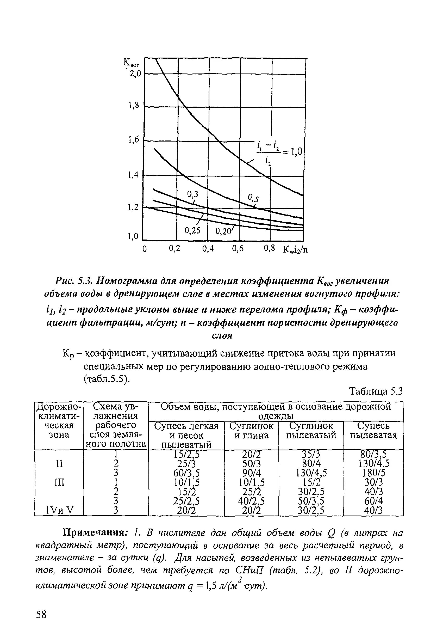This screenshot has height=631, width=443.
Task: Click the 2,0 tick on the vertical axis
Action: (x=135, y=74)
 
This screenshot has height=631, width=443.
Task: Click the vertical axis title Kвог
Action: (x=132, y=64)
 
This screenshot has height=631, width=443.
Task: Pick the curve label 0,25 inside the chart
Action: (x=192, y=231)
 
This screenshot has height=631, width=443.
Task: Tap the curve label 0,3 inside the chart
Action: (x=192, y=194)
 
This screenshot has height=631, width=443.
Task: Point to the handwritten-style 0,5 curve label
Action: (x=253, y=198)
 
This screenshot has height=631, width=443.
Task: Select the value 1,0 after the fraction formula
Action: (x=296, y=151)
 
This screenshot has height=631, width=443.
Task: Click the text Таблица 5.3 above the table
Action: (x=375, y=391)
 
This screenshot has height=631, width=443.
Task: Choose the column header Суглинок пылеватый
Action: (x=311, y=431)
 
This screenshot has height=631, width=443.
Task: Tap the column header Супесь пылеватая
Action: (x=373, y=431)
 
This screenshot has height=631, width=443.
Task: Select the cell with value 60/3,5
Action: (x=186, y=473)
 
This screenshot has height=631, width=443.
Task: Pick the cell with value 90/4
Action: (x=251, y=473)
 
